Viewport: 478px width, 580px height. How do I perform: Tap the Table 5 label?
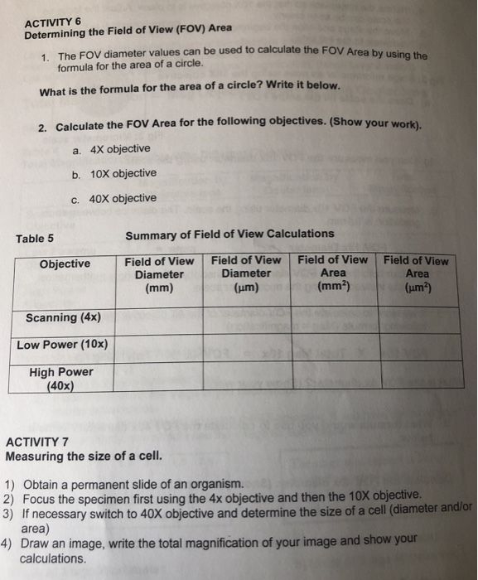tap(35, 239)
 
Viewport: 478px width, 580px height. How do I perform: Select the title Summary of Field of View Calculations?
tap(229, 234)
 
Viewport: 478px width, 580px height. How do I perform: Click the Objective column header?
tap(64, 263)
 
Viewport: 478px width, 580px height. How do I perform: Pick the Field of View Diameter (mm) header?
tap(159, 274)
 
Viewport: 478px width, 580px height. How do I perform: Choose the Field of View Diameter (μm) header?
tap(246, 273)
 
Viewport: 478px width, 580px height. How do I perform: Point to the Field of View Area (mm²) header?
tap(333, 273)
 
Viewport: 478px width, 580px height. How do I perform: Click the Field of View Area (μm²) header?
tap(417, 273)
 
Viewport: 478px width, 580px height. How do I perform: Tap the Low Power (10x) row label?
tap(62, 345)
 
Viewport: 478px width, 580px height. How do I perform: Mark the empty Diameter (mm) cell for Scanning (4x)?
tap(159, 318)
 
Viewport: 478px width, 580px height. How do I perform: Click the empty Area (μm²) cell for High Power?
tap(418, 375)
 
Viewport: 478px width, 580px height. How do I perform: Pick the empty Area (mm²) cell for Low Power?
tap(334, 346)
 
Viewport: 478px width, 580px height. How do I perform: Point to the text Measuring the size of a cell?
tap(73, 457)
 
